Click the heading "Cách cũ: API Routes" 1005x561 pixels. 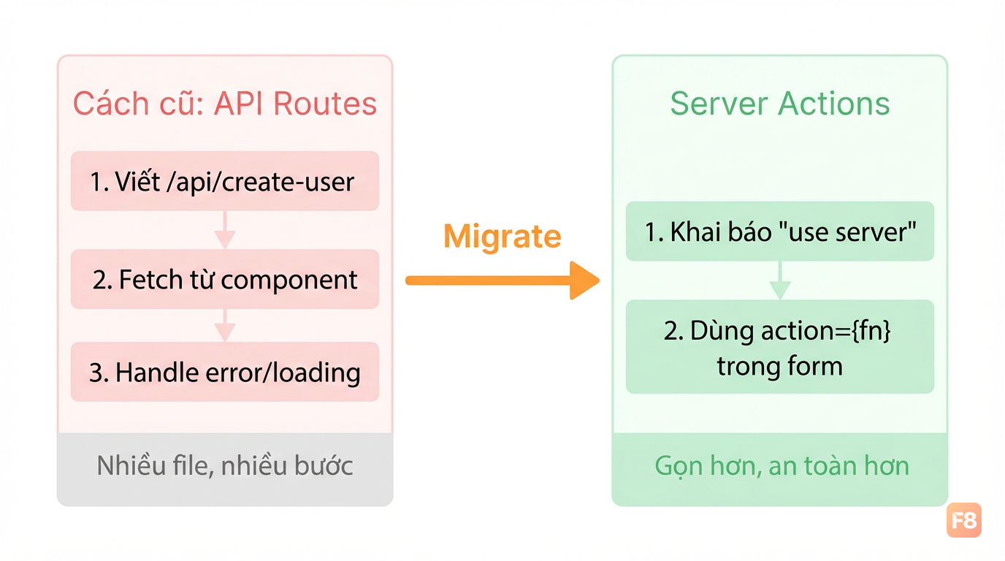[x=225, y=104]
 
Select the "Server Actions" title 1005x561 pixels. [x=780, y=104]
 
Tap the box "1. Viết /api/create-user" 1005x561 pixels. [x=225, y=181]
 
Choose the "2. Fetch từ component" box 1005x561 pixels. [x=225, y=279]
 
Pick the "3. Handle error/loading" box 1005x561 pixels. [x=225, y=372]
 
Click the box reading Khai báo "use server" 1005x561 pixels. [x=780, y=231]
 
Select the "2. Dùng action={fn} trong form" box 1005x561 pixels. [x=780, y=347]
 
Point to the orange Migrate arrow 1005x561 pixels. [x=502, y=280]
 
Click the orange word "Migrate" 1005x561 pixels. [x=502, y=236]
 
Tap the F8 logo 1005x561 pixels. [x=964, y=520]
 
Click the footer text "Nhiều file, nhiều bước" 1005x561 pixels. [x=225, y=465]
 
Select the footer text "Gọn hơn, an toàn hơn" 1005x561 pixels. [x=782, y=466]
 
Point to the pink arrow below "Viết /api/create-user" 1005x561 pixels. [x=225, y=230]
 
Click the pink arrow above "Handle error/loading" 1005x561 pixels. [x=225, y=325]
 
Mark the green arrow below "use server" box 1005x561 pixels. [x=780, y=280]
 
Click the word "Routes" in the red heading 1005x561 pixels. [x=325, y=104]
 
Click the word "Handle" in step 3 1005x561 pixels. [x=156, y=372]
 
